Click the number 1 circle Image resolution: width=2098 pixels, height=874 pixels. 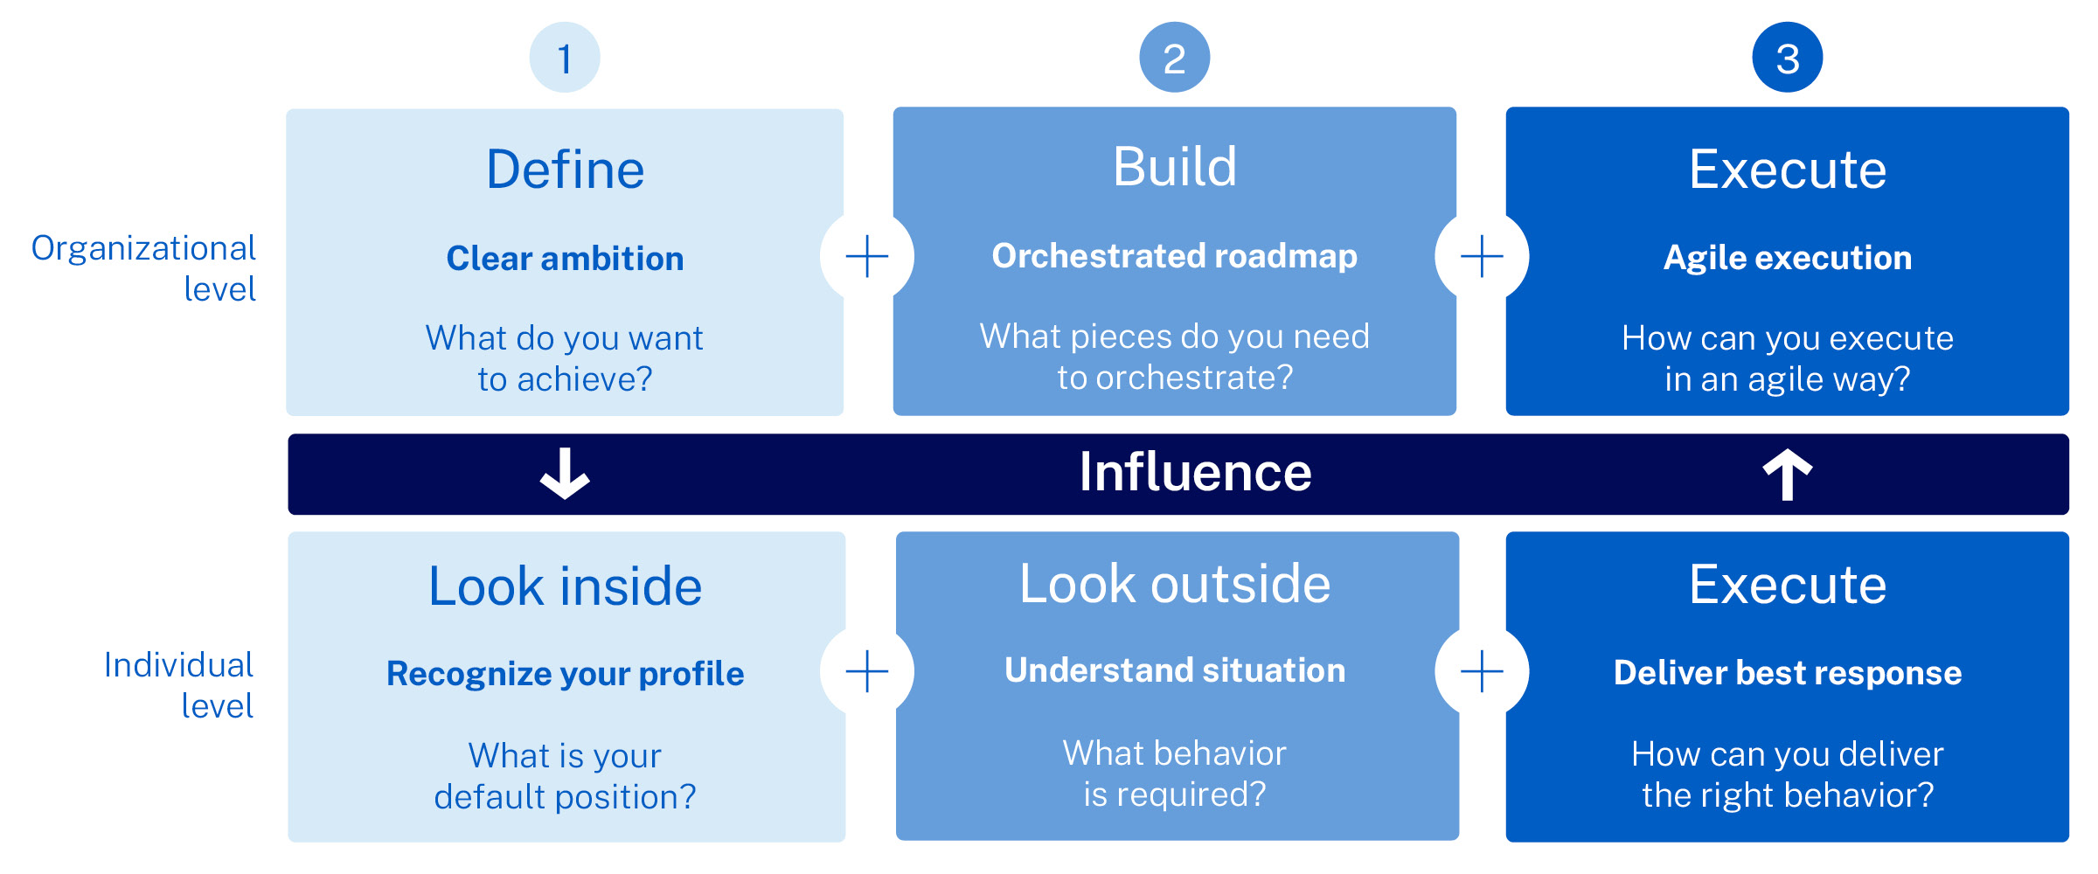(565, 58)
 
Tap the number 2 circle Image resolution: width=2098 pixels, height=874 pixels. (1175, 58)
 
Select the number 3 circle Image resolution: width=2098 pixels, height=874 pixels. (1788, 58)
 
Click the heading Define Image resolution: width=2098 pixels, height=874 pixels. (566, 169)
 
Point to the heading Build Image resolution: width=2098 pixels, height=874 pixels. (1175, 166)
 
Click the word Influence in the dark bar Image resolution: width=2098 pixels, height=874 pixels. (1195, 472)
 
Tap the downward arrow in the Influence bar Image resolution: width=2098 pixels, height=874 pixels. (565, 474)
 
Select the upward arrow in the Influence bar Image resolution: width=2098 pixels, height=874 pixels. (1788, 475)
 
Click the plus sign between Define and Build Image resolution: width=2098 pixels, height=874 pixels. (867, 256)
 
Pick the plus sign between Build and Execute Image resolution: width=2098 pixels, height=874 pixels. (1482, 256)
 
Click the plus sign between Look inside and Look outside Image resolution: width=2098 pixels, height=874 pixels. (867, 671)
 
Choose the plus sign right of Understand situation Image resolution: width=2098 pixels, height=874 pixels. (1482, 671)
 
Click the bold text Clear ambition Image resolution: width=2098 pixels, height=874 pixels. (565, 259)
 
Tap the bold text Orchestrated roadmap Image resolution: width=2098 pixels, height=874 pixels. (1175, 256)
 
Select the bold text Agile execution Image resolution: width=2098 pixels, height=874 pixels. (1788, 259)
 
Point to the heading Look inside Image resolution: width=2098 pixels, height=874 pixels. (566, 586)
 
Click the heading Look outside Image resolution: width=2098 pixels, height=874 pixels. (1175, 583)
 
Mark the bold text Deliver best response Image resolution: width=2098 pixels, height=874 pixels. (1788, 673)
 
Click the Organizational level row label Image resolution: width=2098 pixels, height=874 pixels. (144, 268)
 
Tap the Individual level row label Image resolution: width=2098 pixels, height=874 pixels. (179, 685)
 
